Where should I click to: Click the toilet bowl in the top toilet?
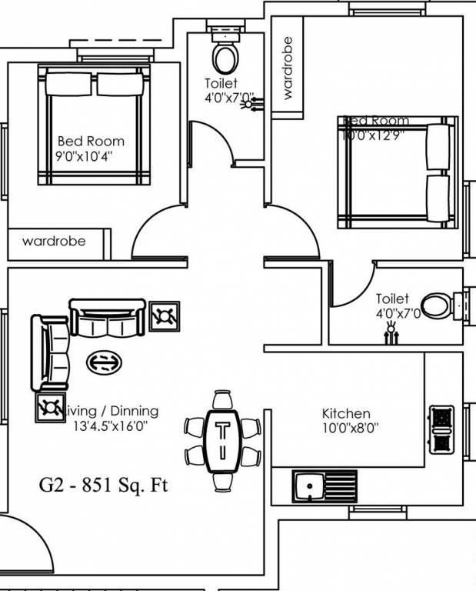[226, 57]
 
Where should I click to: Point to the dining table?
[224, 441]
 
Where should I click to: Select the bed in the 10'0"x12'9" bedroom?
[398, 172]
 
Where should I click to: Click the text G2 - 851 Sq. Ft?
[103, 486]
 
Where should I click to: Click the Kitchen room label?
[346, 414]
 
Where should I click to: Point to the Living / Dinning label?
[114, 411]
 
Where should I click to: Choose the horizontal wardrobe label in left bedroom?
[54, 242]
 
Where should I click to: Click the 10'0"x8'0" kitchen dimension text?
[346, 428]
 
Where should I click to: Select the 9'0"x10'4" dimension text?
[91, 155]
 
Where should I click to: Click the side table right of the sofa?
[165, 316]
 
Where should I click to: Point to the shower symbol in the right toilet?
[392, 332]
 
